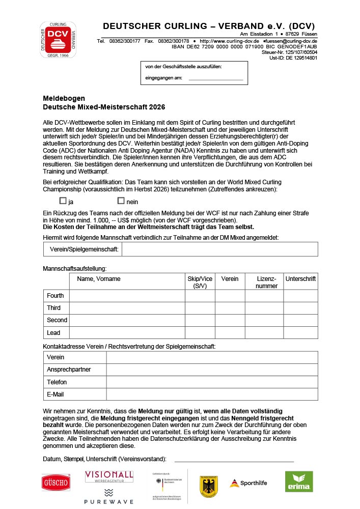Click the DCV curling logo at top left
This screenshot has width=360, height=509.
(59, 39)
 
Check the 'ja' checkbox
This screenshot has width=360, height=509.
(63, 201)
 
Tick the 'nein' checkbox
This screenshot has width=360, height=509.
(121, 201)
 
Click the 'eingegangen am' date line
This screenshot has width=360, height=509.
(215, 79)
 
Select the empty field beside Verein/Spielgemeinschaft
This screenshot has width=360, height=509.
(219, 249)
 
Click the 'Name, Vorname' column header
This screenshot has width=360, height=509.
(99, 279)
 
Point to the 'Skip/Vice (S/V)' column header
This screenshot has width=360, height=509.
(200, 282)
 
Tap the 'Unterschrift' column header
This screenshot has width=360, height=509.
(300, 279)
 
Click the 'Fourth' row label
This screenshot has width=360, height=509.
(56, 296)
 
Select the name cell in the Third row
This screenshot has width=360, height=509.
(127, 308)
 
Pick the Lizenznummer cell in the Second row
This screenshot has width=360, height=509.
(264, 320)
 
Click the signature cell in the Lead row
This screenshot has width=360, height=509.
(300, 333)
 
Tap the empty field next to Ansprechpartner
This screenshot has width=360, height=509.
(212, 370)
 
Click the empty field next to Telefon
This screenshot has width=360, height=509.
(212, 382)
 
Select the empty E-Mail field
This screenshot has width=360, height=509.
(212, 394)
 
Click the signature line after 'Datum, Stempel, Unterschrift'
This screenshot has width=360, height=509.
(234, 460)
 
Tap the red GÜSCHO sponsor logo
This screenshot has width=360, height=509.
(56, 482)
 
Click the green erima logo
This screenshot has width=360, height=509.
(299, 482)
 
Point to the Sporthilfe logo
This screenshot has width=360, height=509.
(248, 483)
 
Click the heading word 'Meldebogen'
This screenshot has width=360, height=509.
(64, 98)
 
